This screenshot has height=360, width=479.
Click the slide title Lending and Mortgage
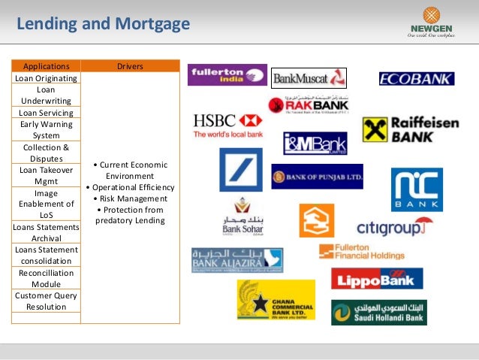pyautogui.click(x=103, y=24)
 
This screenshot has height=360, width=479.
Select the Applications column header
pyautogui.click(x=47, y=66)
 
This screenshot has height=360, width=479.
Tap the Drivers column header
pyautogui.click(x=130, y=66)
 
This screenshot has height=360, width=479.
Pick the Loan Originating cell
pyautogui.click(x=47, y=77)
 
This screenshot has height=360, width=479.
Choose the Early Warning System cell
pyautogui.click(x=47, y=130)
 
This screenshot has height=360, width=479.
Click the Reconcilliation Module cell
pyautogui.click(x=47, y=279)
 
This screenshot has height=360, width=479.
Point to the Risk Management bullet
pyautogui.click(x=131, y=198)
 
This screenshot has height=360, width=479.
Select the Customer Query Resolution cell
pyautogui.click(x=47, y=301)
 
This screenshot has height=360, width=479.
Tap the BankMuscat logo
pyautogui.click(x=309, y=77)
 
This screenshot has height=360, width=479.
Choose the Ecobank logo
pyautogui.click(x=416, y=78)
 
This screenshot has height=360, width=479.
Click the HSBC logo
pyautogui.click(x=227, y=125)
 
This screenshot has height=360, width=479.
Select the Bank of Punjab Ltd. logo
pyautogui.click(x=317, y=177)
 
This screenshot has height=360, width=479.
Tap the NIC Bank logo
pyautogui.click(x=417, y=189)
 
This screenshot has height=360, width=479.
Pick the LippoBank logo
pyautogui.click(x=377, y=278)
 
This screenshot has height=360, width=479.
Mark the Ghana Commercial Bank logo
pyautogui.click(x=276, y=300)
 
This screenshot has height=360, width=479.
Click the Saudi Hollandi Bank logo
pyautogui.click(x=378, y=312)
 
